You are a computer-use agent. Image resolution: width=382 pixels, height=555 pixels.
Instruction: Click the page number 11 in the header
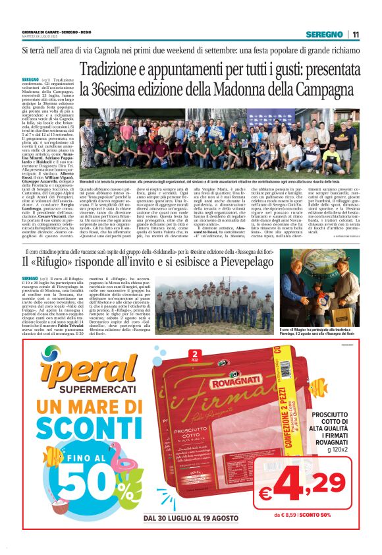point(356,34)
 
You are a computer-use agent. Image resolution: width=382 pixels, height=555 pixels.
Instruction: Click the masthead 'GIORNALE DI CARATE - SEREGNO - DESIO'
point(54,32)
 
